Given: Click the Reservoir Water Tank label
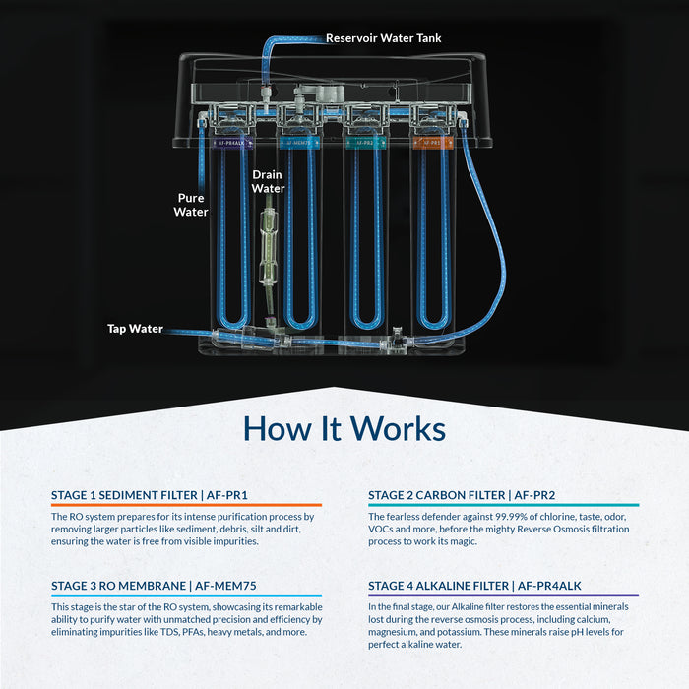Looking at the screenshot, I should tap(384, 38).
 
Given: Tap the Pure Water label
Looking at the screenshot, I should tap(191, 204).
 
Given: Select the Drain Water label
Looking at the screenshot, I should tap(268, 181).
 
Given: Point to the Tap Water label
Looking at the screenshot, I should tap(135, 329).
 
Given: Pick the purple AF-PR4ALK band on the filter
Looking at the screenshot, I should tap(225, 143).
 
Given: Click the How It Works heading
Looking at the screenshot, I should tap(344, 429).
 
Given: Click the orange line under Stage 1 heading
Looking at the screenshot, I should tap(186, 505).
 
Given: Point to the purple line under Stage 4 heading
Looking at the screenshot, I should tap(503, 595).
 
